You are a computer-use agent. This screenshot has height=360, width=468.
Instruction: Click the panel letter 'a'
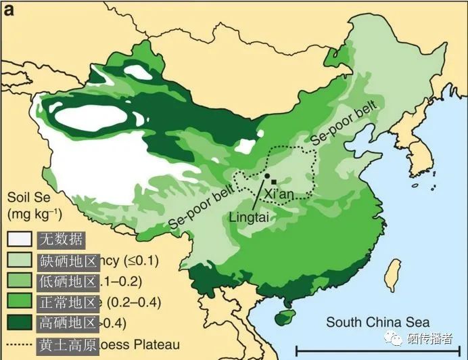tap(10, 10)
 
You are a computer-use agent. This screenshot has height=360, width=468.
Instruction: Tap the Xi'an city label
tap(279, 195)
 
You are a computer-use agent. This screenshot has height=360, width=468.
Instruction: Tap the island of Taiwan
tap(391, 277)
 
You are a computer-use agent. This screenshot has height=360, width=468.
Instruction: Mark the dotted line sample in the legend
tap(20, 344)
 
